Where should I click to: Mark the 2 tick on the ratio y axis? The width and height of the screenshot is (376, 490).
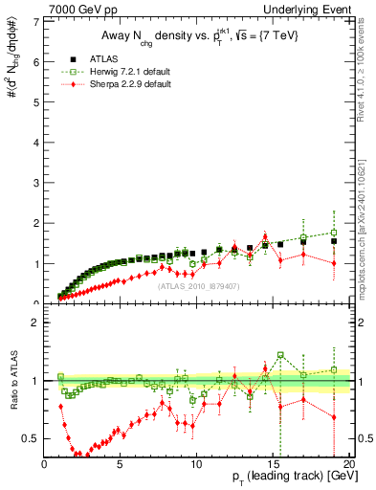(x=37, y=323)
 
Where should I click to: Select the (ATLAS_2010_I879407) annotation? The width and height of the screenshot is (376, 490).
(x=196, y=284)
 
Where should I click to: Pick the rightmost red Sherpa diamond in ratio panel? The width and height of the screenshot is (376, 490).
(x=333, y=417)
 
